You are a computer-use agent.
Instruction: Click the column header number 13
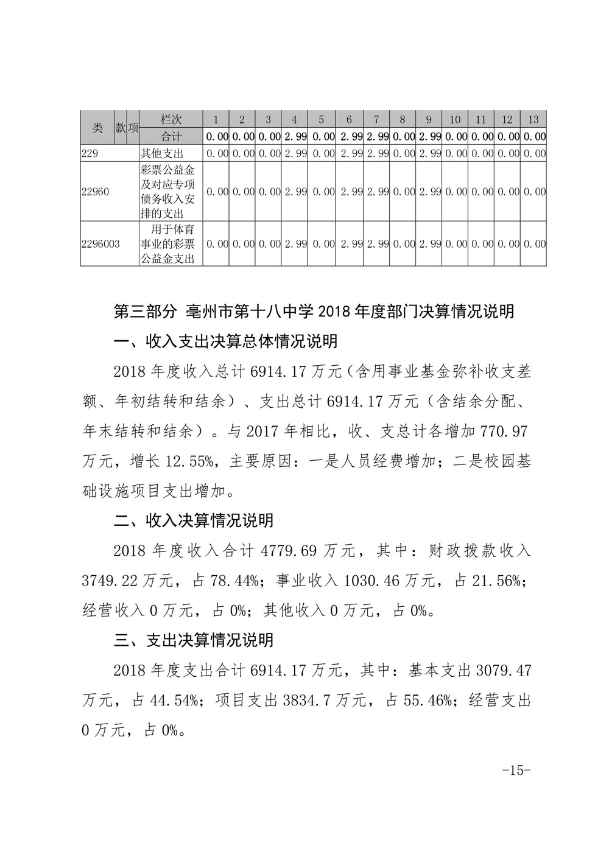533,119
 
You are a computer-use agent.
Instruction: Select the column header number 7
376,119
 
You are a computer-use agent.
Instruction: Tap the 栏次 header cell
171,119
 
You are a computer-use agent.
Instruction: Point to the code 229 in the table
90,153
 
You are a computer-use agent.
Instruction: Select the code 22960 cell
95,192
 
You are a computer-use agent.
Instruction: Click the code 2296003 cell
100,244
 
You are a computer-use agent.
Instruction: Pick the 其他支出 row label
162,153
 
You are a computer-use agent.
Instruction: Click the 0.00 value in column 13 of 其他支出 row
534,153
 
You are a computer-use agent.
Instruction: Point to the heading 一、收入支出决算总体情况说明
225,341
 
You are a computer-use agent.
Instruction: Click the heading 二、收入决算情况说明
194,520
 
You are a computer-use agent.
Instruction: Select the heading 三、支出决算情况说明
194,640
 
